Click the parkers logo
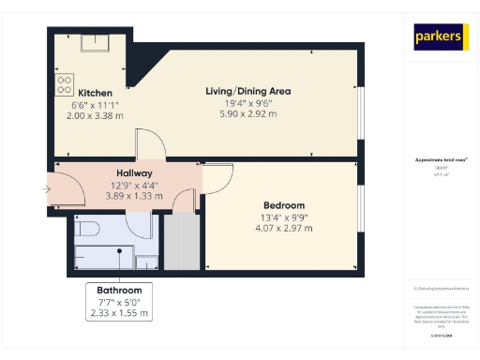pyautogui.click(x=441, y=37)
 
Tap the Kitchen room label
pyautogui.click(x=97, y=93)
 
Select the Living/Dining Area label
pyautogui.click(x=248, y=91)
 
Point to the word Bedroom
pyautogui.click(x=283, y=205)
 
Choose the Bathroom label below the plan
pyautogui.click(x=119, y=291)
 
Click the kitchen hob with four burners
pyautogui.click(x=65, y=84)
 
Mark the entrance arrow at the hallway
pyautogui.click(x=47, y=189)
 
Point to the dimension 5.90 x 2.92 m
pyautogui.click(x=248, y=114)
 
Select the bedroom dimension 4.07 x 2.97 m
pyautogui.click(x=283, y=228)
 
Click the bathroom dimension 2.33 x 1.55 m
pyautogui.click(x=119, y=313)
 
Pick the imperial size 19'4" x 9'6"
pyautogui.click(x=248, y=103)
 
